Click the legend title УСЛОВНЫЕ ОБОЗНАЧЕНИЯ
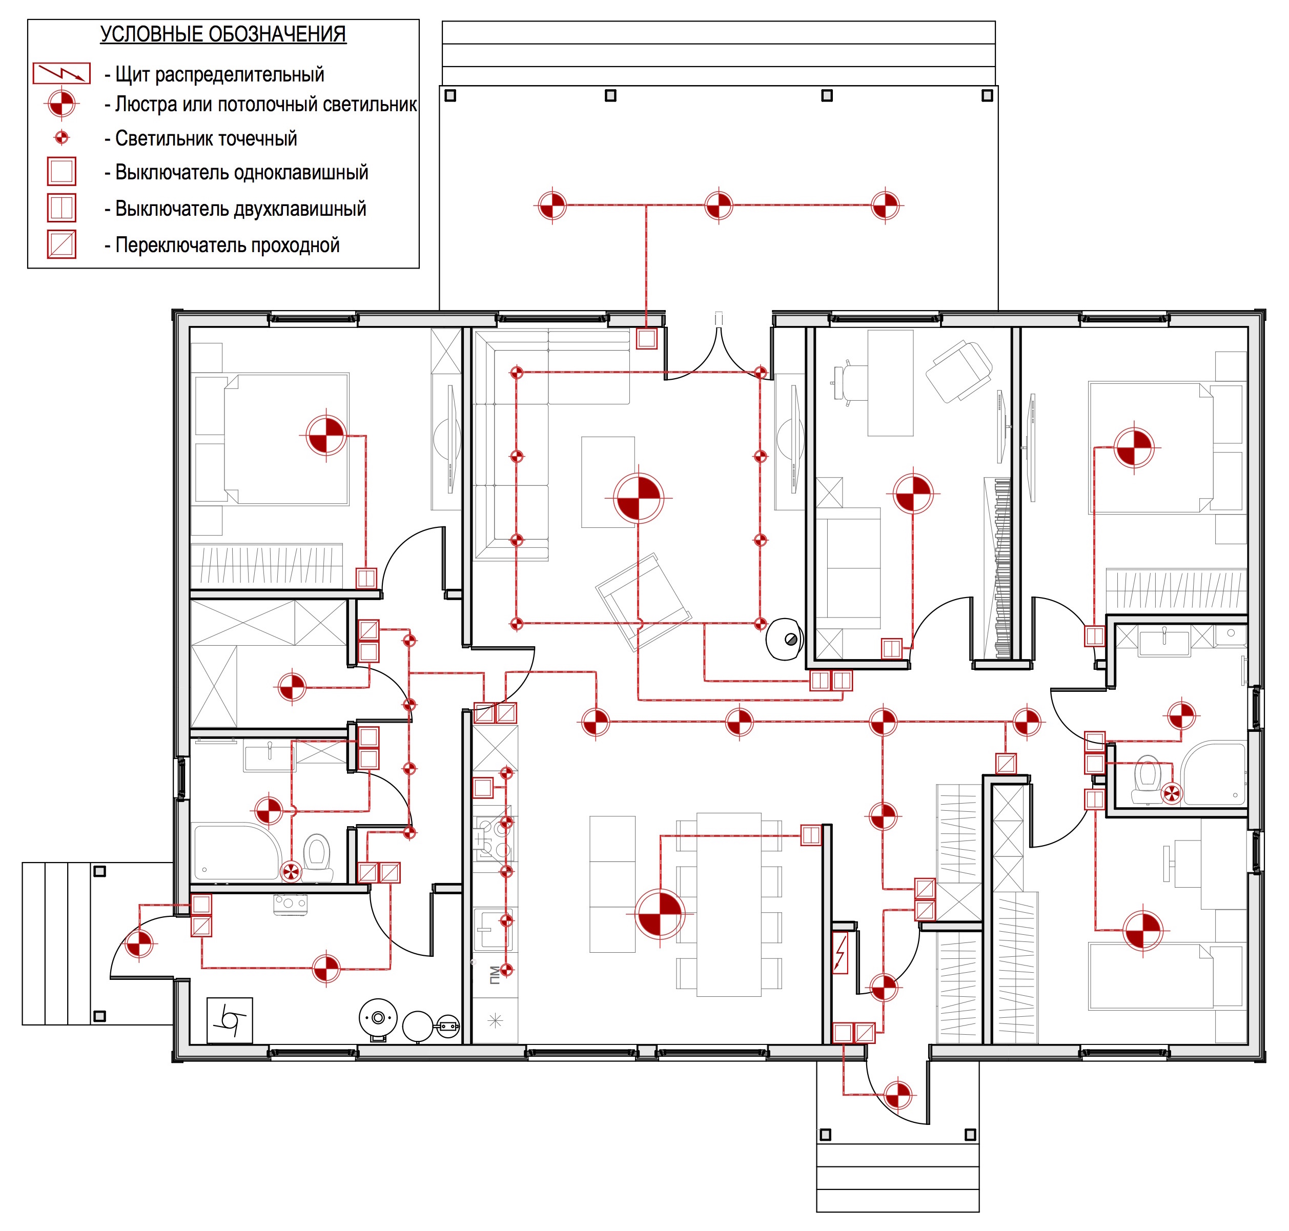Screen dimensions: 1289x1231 pos(223,34)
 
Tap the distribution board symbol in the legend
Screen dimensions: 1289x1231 pos(62,73)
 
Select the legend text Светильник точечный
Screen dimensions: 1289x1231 pos(206,138)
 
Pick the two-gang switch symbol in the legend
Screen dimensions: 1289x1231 pos(62,208)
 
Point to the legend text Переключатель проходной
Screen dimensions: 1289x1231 pos(227,245)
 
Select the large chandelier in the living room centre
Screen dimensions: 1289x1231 pos(639,498)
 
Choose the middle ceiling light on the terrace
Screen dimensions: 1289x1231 pos(719,206)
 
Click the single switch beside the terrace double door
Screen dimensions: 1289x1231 pos(646,339)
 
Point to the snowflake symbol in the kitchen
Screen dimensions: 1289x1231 pos(495,1020)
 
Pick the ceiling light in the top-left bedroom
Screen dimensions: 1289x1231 pos(326,435)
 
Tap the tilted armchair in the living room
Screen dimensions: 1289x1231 pos(643,602)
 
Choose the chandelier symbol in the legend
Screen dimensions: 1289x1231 pos(62,104)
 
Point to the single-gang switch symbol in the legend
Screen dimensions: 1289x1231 pos(62,171)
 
